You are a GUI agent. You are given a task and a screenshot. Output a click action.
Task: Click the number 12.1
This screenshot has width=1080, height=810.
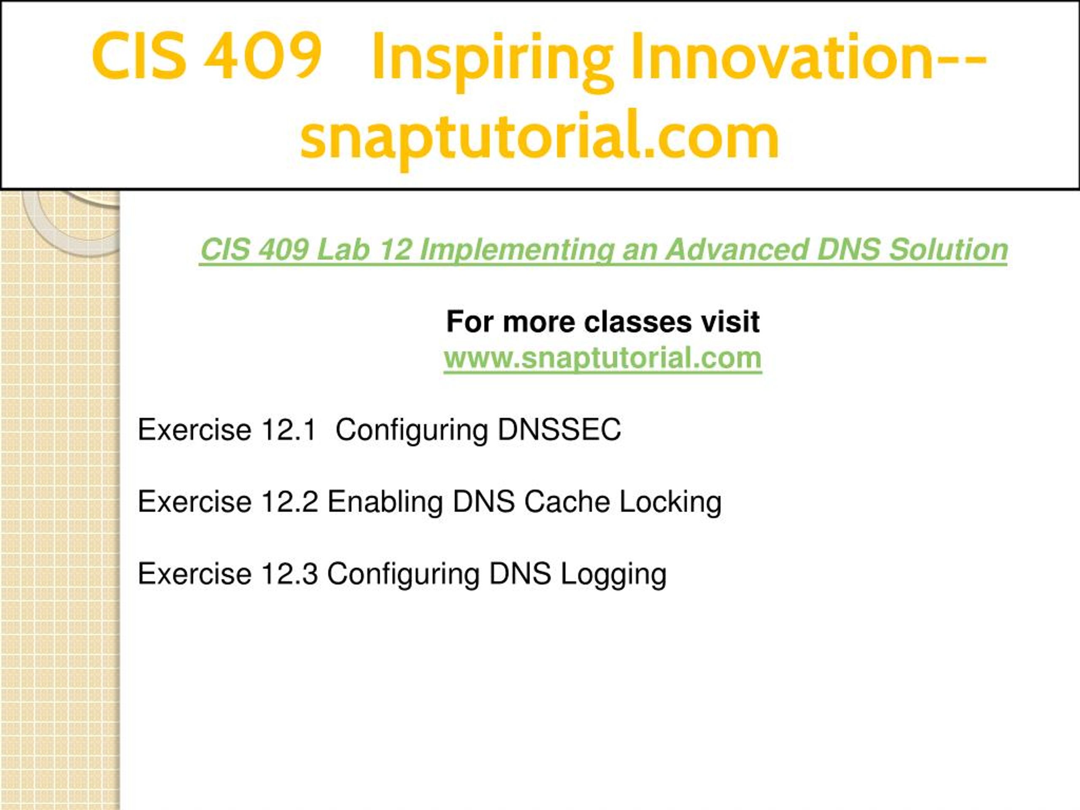point(289,429)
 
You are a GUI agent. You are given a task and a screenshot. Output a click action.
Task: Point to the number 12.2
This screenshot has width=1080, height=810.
point(289,502)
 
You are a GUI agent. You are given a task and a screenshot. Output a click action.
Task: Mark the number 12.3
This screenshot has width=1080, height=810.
point(289,574)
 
